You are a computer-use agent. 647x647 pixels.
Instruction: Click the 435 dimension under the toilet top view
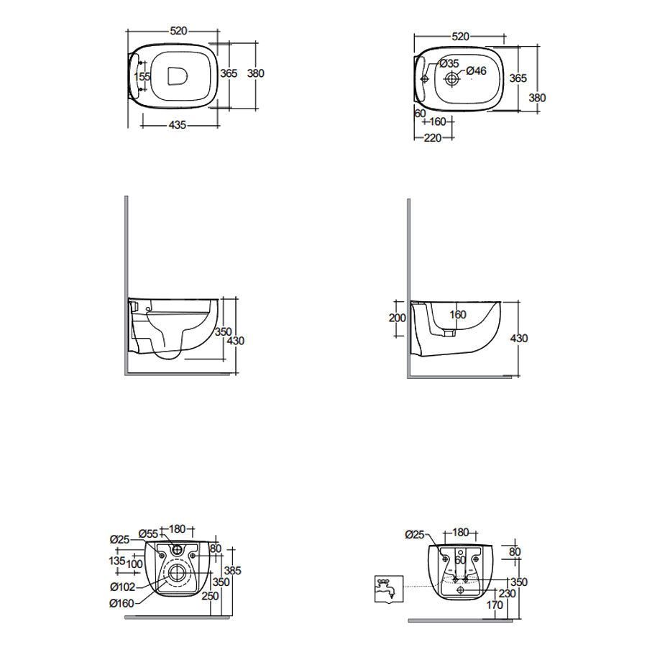pyautogui.click(x=178, y=124)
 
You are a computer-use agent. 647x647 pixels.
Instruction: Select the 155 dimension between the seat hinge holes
pyautogui.click(x=142, y=77)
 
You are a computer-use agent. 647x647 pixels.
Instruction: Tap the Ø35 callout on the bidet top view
pyautogui.click(x=449, y=63)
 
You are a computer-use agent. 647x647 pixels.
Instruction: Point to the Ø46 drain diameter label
pyautogui.click(x=477, y=71)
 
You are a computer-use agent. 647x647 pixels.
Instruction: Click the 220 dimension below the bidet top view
pyautogui.click(x=433, y=138)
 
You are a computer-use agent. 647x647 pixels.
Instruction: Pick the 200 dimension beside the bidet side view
pyautogui.click(x=398, y=318)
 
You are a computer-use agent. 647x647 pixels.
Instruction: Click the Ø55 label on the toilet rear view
pyautogui.click(x=149, y=534)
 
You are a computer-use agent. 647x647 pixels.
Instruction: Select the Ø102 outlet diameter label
pyautogui.click(x=122, y=587)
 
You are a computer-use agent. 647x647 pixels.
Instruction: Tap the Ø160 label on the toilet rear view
pyautogui.click(x=121, y=603)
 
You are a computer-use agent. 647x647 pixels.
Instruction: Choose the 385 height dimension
pyautogui.click(x=233, y=571)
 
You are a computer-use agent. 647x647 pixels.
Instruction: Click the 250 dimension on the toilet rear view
pyautogui.click(x=210, y=596)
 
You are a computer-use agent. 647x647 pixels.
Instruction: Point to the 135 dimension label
pyautogui.click(x=117, y=561)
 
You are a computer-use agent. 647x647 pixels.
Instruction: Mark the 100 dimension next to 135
pyautogui.click(x=134, y=564)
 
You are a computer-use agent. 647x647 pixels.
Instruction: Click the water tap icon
pyautogui.click(x=389, y=589)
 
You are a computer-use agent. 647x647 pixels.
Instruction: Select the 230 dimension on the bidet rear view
pyautogui.click(x=507, y=593)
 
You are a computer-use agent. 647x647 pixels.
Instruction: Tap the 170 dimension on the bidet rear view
pyautogui.click(x=495, y=605)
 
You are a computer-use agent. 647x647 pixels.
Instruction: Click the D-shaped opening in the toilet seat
pyautogui.click(x=178, y=76)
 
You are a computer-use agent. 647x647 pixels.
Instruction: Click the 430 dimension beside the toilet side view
pyautogui.click(x=236, y=341)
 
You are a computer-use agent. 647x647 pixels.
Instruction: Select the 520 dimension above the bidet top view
pyautogui.click(x=461, y=37)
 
